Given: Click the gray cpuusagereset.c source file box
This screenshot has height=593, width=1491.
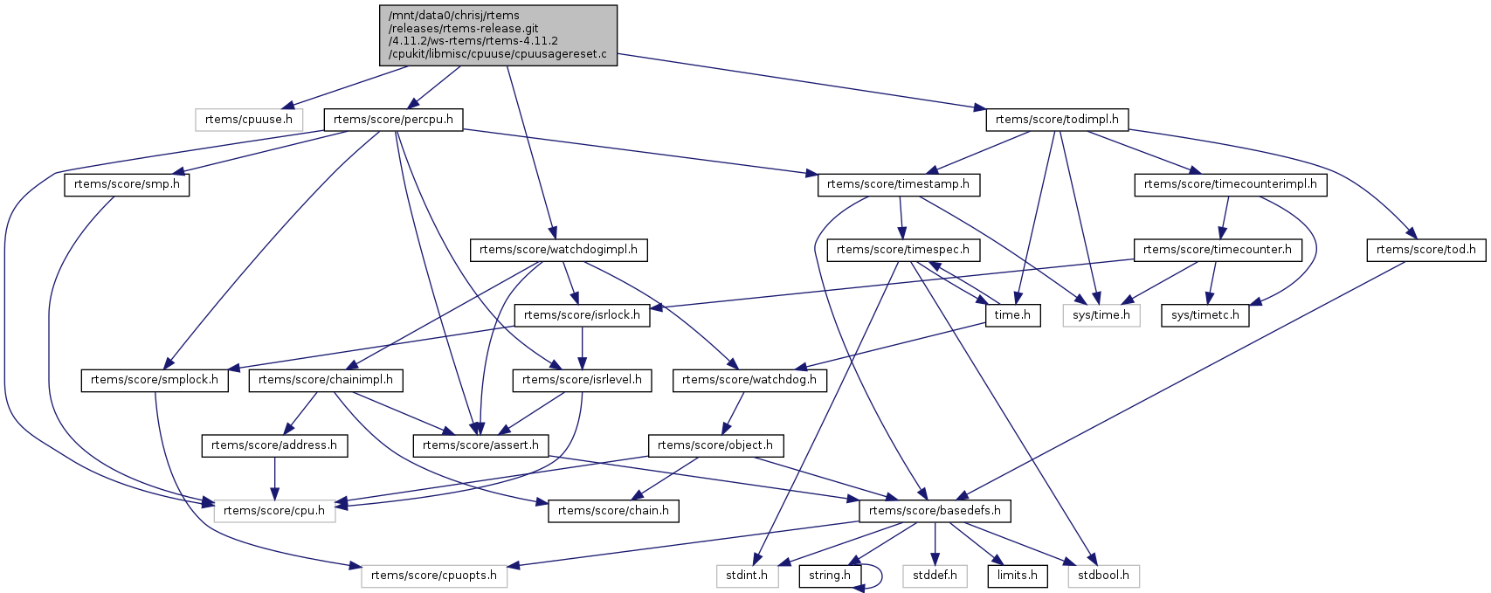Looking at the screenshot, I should point(498,35).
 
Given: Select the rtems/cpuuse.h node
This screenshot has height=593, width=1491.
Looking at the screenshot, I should point(249,120).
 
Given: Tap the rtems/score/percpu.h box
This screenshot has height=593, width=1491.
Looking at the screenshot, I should point(393,120).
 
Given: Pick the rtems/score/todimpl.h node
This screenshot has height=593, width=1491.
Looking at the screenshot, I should point(1057,120).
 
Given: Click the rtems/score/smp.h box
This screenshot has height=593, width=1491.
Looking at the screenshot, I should point(127,185).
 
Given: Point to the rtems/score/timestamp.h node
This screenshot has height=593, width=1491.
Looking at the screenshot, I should point(899,185).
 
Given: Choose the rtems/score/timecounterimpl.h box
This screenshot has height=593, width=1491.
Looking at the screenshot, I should point(1230,185).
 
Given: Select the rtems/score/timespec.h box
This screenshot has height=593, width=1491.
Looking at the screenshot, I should point(903,250).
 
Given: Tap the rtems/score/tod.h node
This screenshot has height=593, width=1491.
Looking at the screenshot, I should point(1425,250).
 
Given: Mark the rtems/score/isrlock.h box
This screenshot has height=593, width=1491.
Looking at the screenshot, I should point(583,315).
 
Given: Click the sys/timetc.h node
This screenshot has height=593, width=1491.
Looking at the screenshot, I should point(1205,315).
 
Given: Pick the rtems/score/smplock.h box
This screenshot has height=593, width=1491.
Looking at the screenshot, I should point(155,380).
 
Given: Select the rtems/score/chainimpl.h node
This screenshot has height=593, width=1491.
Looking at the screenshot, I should point(326,380).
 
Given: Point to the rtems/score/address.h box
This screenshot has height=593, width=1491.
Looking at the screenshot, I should point(274,445).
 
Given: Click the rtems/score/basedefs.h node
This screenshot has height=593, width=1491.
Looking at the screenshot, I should point(935,511).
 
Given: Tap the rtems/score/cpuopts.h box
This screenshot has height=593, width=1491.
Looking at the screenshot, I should point(434,576).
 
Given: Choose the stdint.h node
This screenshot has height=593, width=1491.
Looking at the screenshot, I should point(747,576).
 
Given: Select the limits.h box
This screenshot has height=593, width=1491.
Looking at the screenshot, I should point(1018,576).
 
